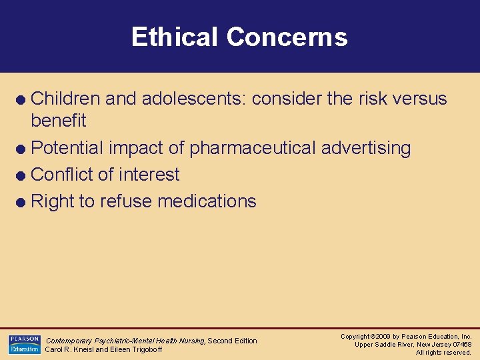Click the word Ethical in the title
tap(175, 37)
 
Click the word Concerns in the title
tap(287, 37)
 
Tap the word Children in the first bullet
tap(66, 99)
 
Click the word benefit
tap(59, 121)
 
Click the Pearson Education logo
tap(24, 344)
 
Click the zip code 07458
tap(461, 345)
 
